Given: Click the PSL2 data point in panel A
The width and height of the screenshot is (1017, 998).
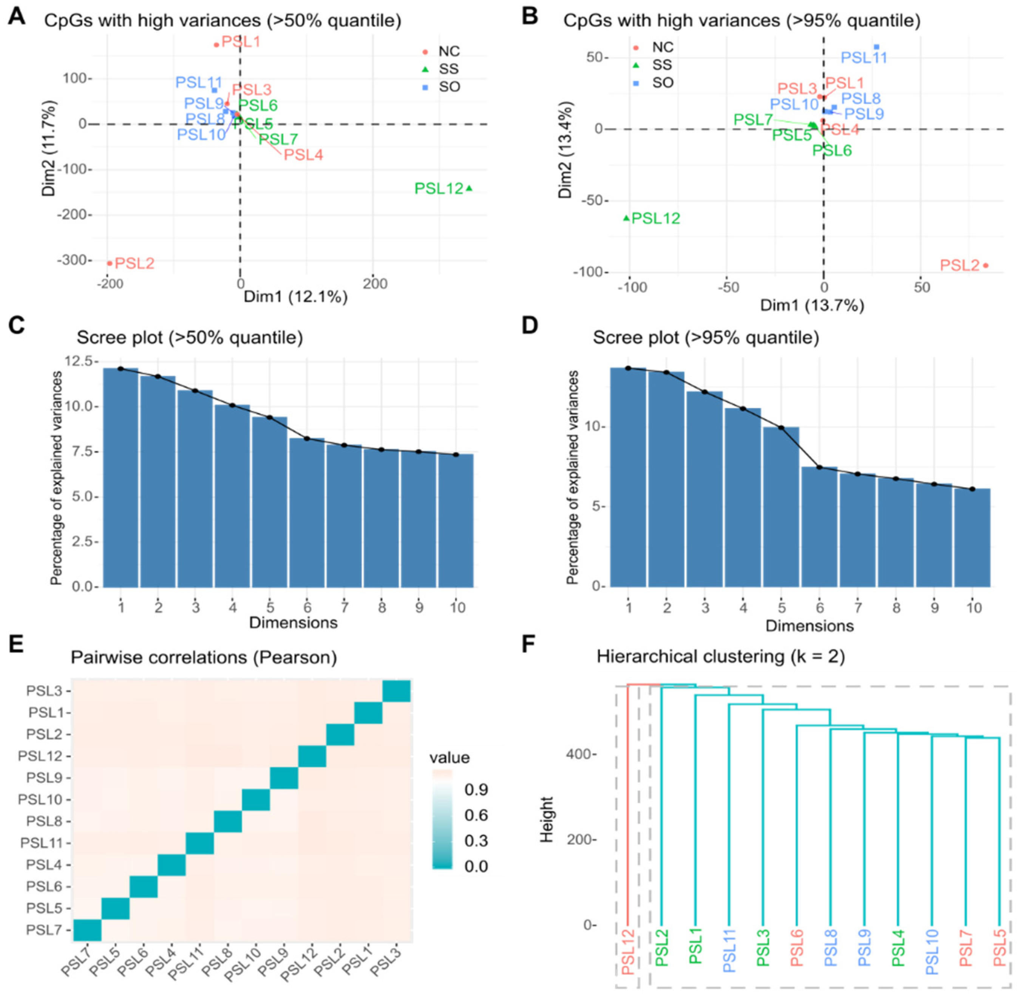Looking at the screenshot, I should pyautogui.click(x=110, y=263).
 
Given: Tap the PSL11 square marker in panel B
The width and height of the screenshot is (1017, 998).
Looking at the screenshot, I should pyautogui.click(x=876, y=47).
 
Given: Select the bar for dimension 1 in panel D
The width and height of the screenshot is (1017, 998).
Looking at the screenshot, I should pyautogui.click(x=628, y=477).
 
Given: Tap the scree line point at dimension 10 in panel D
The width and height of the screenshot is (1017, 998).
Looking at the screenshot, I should pyautogui.click(x=972, y=489).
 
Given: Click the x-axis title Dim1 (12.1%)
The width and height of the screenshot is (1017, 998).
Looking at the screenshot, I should pyautogui.click(x=295, y=297).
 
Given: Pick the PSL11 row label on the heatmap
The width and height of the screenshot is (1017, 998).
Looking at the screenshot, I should pyautogui.click(x=41, y=843).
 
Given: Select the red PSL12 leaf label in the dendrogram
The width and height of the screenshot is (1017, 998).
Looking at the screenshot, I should pyautogui.click(x=628, y=952).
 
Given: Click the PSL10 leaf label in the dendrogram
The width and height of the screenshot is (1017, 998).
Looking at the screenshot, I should pyautogui.click(x=932, y=952).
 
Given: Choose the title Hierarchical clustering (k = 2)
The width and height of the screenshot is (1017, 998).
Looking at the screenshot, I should pyautogui.click(x=721, y=656).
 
